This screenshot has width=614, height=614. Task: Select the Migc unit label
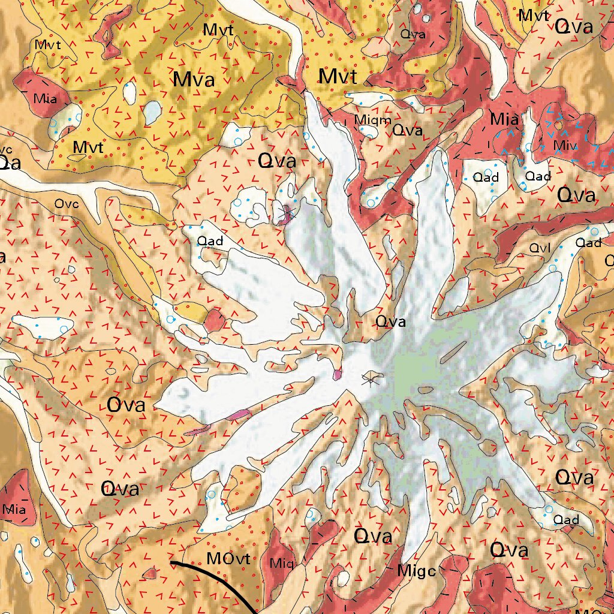click(416, 571)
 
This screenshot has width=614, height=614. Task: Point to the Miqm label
click(368, 121)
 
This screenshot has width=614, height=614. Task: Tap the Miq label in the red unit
click(281, 563)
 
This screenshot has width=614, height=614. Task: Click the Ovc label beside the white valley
click(67, 204)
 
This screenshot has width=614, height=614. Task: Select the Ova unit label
click(126, 405)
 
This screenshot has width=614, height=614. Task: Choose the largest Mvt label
click(338, 77)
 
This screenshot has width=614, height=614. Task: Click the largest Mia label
click(504, 119)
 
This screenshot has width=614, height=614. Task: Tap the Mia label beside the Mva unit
click(46, 99)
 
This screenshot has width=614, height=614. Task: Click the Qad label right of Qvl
click(588, 242)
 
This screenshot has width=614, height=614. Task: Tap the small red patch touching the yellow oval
click(214, 321)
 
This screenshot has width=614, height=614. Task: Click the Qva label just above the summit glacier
click(390, 322)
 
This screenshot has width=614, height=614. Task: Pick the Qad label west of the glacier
click(210, 242)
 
